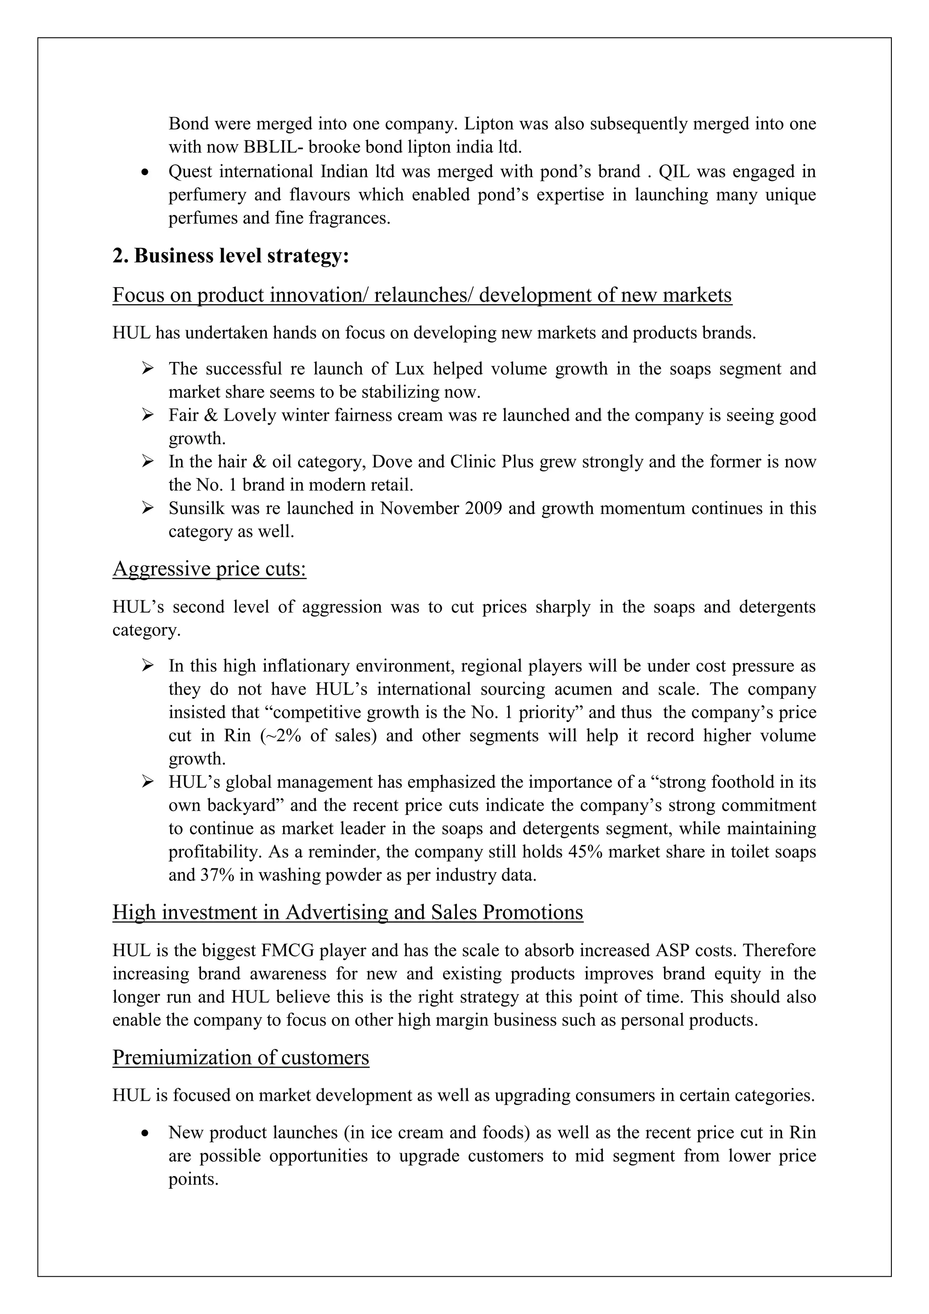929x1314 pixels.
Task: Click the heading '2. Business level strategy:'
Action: pyautogui.click(x=230, y=256)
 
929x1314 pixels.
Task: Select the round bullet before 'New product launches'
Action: pyautogui.click(x=147, y=1133)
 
